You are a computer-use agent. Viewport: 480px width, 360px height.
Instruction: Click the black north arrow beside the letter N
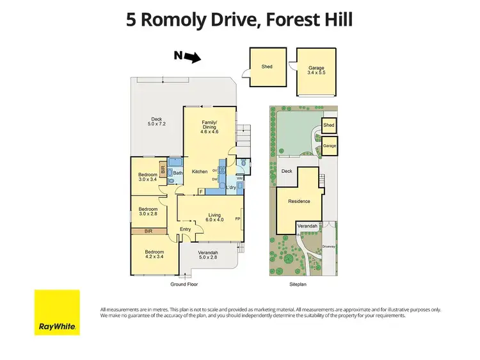[x=193, y=58]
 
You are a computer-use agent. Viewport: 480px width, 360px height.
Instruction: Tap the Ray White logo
[x=57, y=312]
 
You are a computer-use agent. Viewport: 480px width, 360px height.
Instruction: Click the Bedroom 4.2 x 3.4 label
[x=154, y=254]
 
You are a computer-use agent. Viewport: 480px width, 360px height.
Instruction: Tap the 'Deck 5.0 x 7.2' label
[x=156, y=121]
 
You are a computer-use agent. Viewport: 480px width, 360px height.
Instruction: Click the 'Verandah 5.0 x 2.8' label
[x=209, y=254]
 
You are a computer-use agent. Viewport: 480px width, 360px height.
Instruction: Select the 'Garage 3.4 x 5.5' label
[x=317, y=70]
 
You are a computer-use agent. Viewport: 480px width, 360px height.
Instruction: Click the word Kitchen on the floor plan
[x=200, y=172]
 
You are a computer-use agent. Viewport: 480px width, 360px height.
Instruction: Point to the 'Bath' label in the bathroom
[x=177, y=172]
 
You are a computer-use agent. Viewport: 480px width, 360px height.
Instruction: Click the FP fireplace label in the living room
[x=238, y=218]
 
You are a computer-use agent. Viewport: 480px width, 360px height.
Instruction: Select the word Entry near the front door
[x=185, y=229]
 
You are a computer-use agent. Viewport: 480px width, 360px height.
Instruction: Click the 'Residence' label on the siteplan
[x=298, y=201]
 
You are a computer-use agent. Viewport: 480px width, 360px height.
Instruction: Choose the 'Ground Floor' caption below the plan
[x=184, y=284]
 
